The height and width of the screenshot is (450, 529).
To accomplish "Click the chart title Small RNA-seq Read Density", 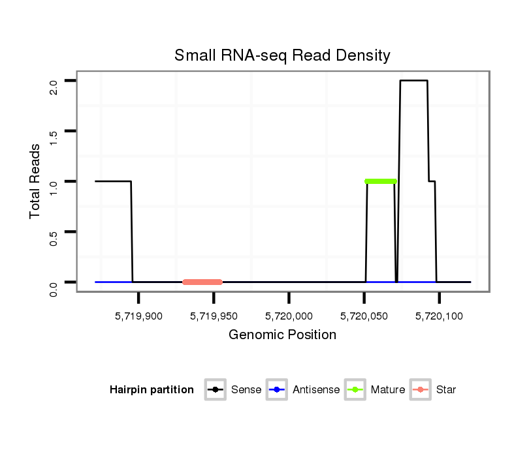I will tap(282, 55).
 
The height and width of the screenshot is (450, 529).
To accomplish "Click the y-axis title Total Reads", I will tap(35, 181).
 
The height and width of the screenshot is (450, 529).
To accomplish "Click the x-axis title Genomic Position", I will tap(282, 335).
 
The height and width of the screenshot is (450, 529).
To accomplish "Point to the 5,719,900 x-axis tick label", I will tap(138, 316).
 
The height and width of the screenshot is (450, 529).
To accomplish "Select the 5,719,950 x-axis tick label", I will tap(214, 316).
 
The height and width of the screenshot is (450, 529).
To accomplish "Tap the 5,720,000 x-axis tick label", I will tap(289, 316).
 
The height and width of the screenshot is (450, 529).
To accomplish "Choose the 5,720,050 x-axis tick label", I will tap(364, 316).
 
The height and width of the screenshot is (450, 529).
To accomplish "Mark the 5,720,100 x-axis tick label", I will tap(439, 316).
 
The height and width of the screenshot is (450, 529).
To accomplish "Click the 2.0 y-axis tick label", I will tap(54, 81).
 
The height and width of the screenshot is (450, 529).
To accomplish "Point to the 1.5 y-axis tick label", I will tap(54, 131).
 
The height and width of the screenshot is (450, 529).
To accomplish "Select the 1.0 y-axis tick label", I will tap(54, 181).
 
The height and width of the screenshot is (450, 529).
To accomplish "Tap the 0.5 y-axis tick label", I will tap(54, 232).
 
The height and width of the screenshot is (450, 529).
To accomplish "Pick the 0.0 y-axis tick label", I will tap(54, 282).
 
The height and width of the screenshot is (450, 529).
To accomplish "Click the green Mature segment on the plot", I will tap(381, 181).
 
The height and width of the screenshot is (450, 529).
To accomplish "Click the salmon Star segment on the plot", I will tap(202, 282).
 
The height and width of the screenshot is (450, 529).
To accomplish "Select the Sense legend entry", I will tap(235, 390).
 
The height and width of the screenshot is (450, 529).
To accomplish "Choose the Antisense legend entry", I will tap(304, 390).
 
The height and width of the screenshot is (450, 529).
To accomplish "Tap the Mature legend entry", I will tap(376, 390).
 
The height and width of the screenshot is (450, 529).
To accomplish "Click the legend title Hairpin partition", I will tap(152, 390).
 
